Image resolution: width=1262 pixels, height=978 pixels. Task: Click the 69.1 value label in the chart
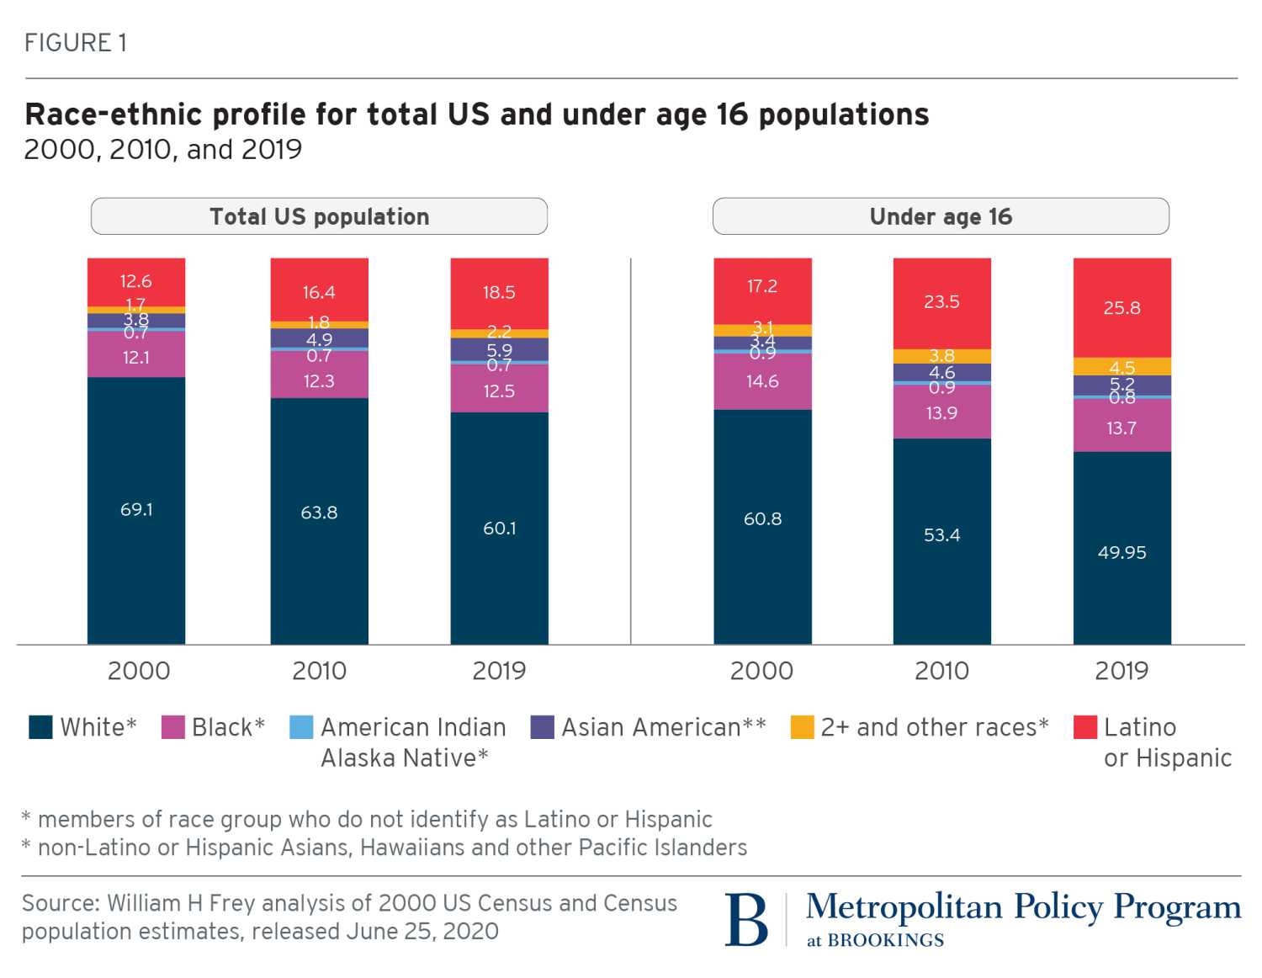136,509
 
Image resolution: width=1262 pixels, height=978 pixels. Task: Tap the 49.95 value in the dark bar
1121,552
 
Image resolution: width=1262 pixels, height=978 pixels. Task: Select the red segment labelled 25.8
1121,307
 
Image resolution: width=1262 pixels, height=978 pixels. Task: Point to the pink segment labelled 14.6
762,381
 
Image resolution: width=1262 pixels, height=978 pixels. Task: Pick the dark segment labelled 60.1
499,528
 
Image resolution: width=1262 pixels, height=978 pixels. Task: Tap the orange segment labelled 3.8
941,356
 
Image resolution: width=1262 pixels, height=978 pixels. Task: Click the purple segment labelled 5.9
499,349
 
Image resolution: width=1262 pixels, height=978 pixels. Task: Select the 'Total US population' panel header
319,216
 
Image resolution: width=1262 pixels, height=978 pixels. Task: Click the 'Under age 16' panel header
941,216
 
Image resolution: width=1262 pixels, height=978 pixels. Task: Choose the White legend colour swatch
40,727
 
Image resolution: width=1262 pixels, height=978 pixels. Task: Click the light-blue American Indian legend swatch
300,727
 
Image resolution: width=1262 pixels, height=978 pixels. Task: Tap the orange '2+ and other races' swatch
803,727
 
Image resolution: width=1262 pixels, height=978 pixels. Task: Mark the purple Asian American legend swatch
543,727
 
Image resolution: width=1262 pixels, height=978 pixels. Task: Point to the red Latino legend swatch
1085,727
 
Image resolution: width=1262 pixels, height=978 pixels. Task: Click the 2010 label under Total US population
319,671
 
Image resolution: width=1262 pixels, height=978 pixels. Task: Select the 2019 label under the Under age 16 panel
1121,671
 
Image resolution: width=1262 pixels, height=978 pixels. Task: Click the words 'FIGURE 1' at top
76,43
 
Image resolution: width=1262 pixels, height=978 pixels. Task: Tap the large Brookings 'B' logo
746,919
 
